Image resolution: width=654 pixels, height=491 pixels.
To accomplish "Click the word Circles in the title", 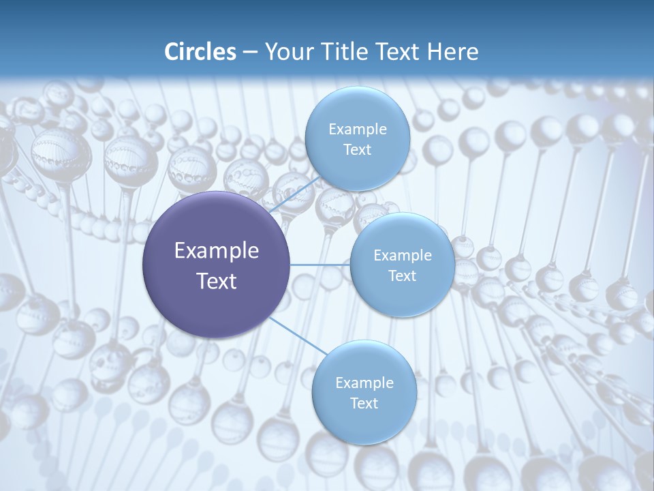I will click(x=200, y=52).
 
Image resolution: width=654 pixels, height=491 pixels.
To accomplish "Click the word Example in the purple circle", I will click(x=217, y=251).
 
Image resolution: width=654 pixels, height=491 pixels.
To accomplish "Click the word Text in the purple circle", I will click(x=217, y=281).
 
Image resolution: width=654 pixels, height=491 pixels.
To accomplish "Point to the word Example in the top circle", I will click(x=357, y=130).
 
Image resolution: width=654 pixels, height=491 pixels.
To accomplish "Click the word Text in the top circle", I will click(x=357, y=150).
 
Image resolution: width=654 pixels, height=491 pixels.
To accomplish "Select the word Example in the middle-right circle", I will click(x=403, y=256).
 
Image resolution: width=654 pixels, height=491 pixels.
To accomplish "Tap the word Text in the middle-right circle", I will click(x=403, y=276).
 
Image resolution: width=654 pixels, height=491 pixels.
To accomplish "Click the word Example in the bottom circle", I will click(x=364, y=383).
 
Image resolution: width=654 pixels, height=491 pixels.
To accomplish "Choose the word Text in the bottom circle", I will click(x=364, y=404).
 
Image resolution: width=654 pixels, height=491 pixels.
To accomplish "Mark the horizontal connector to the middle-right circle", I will click(x=320, y=265).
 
